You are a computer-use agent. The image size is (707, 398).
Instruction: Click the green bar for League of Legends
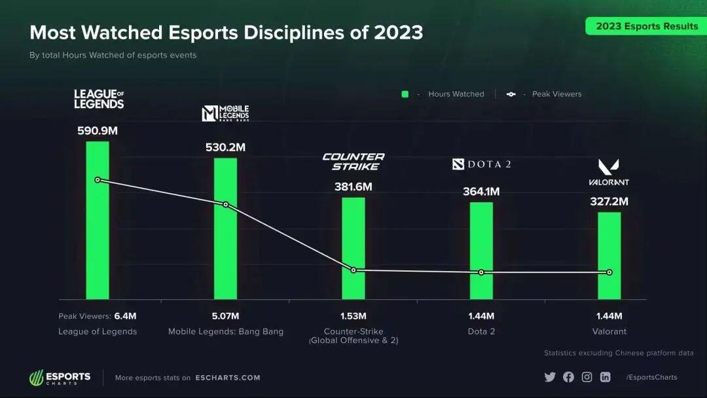pos(98,236)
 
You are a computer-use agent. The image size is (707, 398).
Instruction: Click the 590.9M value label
pos(98,130)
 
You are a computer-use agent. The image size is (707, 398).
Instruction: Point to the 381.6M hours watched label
pos(353,187)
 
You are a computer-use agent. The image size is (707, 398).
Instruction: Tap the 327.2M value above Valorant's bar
pos(609,202)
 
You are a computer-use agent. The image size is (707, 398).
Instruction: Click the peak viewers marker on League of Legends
pos(98,179)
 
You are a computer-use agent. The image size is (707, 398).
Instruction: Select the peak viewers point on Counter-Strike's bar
pos(353,270)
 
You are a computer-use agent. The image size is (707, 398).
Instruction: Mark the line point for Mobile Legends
pos(226,205)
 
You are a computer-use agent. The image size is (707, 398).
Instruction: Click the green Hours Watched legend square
pos(405,94)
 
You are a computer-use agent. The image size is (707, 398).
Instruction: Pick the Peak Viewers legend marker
pos(511,94)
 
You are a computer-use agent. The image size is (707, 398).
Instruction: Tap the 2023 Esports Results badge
pos(647,26)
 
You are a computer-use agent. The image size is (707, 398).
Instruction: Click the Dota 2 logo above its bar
pos(481,164)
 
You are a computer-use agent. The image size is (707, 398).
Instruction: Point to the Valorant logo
pos(609,172)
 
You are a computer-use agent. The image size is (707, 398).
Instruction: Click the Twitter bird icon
pos(549,377)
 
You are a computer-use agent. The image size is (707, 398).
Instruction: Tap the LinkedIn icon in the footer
pos(606,377)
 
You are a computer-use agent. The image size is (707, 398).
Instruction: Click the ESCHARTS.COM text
pos(228,378)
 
